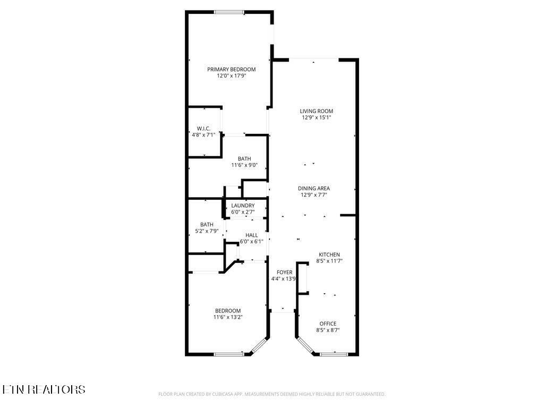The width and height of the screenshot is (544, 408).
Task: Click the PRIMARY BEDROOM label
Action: tap(232, 70)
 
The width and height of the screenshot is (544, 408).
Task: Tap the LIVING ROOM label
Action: tap(317, 112)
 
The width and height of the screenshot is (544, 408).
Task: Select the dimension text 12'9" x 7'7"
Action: tap(314, 195)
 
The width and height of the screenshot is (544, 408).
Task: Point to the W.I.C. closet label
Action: tap(203, 129)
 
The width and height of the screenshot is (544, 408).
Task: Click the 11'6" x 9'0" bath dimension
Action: tap(244, 166)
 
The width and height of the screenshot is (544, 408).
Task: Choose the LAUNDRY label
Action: tap(243, 206)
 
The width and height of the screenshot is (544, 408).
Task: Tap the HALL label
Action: tap(251, 235)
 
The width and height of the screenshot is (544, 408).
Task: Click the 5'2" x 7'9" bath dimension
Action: tap(207, 231)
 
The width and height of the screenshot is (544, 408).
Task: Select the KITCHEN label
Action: tap(329, 254)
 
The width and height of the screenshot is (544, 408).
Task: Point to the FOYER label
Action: tap(285, 273)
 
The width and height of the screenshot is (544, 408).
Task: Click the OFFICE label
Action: tap(328, 324)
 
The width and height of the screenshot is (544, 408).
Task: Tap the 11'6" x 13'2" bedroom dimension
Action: tap(228, 317)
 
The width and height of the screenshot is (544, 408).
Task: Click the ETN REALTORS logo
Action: tap(44, 389)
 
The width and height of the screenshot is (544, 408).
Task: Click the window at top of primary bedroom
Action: tap(229, 12)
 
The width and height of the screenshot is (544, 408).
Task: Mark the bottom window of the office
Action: tap(334, 354)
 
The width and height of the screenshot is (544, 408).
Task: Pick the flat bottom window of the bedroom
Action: tap(229, 354)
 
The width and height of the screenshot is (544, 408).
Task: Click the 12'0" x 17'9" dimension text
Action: tap(232, 75)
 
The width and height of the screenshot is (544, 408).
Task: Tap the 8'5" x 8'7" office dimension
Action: tap(328, 330)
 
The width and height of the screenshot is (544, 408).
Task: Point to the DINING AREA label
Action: tap(314, 189)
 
